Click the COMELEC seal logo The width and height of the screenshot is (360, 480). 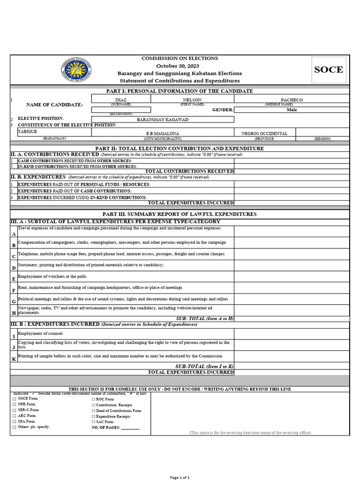coord(76,70)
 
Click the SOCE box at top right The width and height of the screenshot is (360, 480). coord(329,70)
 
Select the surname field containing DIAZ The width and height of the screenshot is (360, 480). coord(121,100)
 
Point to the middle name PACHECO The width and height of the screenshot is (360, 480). coord(292,100)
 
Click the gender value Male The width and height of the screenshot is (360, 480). coord(292,110)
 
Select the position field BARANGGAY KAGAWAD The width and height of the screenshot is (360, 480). coord(163,120)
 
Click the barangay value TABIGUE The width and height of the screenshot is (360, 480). coord(28,132)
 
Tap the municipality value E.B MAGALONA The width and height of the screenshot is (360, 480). coord(163,134)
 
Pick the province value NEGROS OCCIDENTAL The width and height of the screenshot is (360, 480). coord(264,134)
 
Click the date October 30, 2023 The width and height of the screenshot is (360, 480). coord(180,66)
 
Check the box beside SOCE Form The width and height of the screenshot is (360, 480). coord(14,399)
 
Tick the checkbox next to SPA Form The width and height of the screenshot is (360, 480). coord(14,421)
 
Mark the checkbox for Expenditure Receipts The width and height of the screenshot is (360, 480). coord(93,416)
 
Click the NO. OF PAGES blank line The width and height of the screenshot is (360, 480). coord(130,427)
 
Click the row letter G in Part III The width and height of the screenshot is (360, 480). coord(14,301)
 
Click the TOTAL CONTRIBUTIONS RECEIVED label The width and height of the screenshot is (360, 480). coord(189,171)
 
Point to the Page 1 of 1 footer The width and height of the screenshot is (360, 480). coord(180,477)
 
